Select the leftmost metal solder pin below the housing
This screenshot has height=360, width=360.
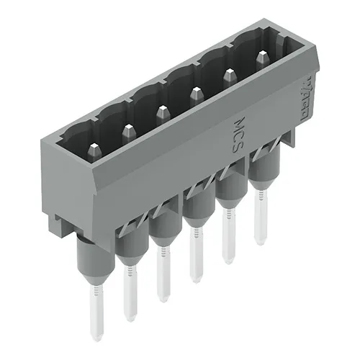point(94,313)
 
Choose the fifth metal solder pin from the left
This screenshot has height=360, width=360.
point(229,241)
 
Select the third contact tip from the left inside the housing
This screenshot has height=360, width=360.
point(162,112)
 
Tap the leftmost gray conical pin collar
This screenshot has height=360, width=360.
point(91,263)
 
